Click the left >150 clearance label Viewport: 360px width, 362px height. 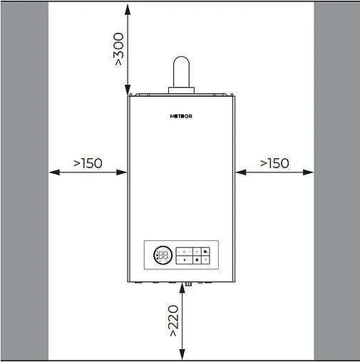[x=88, y=163]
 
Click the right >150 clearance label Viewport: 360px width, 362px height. [x=274, y=163]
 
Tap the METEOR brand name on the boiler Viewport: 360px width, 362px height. [x=182, y=115]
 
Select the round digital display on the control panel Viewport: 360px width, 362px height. [x=162, y=254]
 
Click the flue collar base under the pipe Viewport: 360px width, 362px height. [x=182, y=90]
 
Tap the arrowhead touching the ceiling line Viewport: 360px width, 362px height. [x=128, y=6]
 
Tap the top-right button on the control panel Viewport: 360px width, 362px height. [x=205, y=251]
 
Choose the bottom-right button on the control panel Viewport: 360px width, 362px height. [x=205, y=260]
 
